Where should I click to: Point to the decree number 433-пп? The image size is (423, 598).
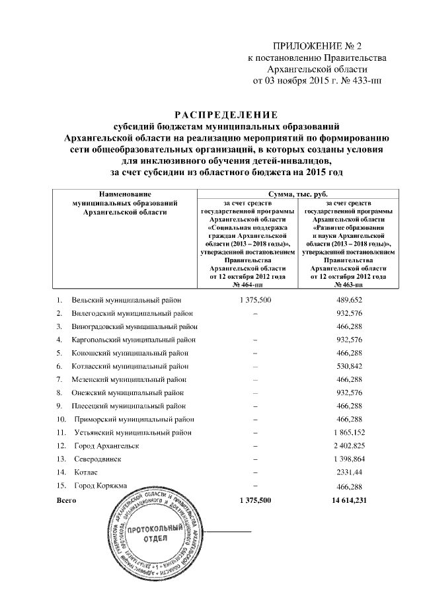[x=366, y=81]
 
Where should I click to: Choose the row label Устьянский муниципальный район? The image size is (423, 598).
[x=133, y=433]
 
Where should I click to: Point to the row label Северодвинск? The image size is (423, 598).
[x=98, y=459]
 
